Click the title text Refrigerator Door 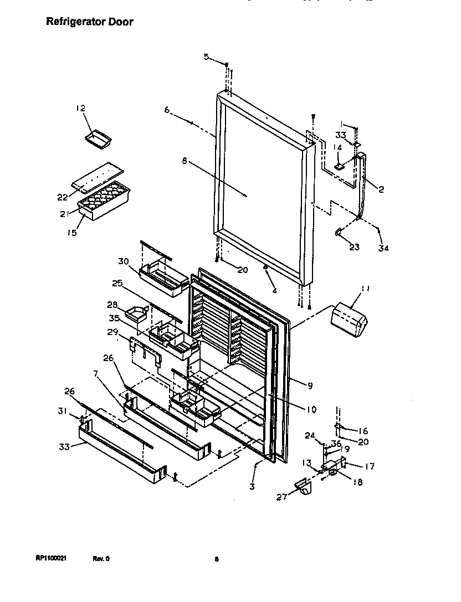[89, 22]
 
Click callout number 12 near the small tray [81, 109]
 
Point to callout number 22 [63, 197]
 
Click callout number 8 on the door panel [185, 162]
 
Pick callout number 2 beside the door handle [381, 189]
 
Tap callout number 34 [383, 248]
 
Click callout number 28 [112, 305]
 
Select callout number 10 [311, 409]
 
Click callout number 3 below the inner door [252, 486]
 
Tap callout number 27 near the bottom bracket [282, 497]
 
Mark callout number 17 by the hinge [369, 466]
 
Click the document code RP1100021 [51, 559]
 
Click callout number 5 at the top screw [206, 56]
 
